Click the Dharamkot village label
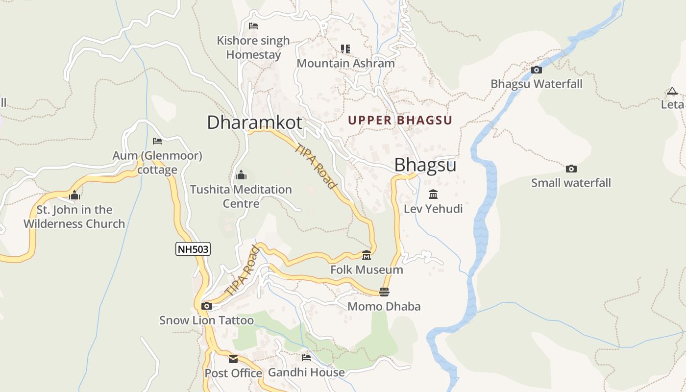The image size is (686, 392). coord(254,122)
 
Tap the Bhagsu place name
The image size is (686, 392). coord(425,165)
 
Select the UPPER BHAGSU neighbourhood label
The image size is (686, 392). coord(400,120)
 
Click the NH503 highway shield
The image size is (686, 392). coord(193,249)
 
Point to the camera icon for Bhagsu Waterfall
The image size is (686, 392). coord(537,70)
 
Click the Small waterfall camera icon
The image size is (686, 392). coord(571,169)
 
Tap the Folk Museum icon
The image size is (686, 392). coord(367,255)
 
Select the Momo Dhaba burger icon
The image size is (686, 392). coord(384,292)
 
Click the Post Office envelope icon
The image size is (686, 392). coord(233,359)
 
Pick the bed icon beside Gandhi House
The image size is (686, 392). coord(306,358)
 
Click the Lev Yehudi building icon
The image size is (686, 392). coord(433,195)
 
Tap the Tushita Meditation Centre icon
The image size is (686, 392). coord(241,175)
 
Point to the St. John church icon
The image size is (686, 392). coord(74,196)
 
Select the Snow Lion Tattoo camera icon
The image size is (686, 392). coord(207,306)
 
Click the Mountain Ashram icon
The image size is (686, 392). coord(345,49)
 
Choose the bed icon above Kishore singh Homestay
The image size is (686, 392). coord(253,26)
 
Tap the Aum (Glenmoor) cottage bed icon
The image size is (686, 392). coord(157,141)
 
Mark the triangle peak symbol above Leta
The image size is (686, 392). coord(672,91)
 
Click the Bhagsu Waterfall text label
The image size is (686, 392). coord(537,84)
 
